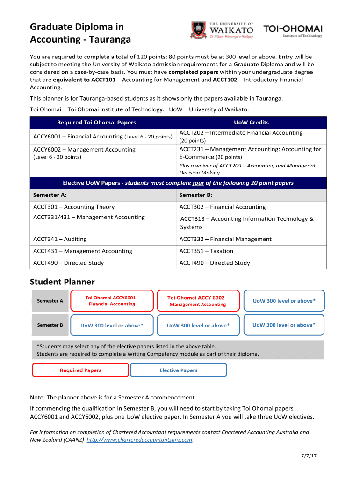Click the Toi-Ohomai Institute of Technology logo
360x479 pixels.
[293, 30]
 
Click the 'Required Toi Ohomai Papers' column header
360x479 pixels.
[96, 123]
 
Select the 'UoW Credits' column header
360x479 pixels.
[251, 123]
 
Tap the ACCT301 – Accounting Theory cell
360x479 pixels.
[74, 207]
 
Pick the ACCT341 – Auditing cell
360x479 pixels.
[60, 239]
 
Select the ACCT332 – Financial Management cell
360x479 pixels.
[225, 239]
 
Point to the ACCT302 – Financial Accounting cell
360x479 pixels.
[223, 207]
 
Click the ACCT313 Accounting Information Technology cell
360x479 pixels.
[247, 223]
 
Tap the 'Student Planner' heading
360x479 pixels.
[62, 282]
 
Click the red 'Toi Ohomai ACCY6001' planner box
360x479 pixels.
[112, 301]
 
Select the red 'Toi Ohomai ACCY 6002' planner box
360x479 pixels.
[198, 301]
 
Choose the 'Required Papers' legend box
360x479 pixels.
[80, 370]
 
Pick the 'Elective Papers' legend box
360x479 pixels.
[178, 370]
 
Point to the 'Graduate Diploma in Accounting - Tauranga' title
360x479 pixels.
[80, 33]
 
